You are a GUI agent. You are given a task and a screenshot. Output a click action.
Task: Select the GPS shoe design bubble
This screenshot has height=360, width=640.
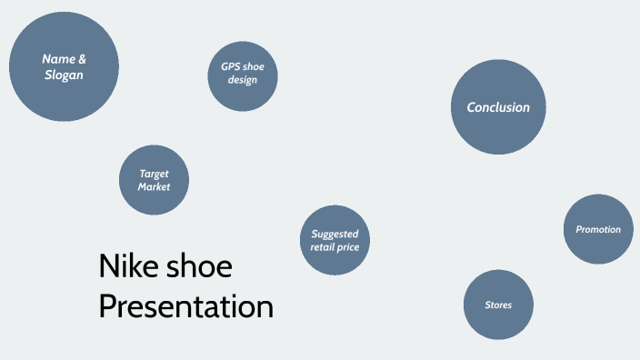243,74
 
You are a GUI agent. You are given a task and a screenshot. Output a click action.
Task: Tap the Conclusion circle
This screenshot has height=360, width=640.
498,107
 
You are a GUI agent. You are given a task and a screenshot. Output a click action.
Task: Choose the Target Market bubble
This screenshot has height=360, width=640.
154,180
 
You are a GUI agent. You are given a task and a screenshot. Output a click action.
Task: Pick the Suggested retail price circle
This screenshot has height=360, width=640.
335,240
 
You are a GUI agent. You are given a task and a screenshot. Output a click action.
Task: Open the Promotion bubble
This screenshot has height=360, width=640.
598,229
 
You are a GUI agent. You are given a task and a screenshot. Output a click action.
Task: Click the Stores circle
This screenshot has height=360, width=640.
498,305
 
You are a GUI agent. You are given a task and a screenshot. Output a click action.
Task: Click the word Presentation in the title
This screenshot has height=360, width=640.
185,306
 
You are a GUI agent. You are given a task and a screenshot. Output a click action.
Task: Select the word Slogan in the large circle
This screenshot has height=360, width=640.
64,75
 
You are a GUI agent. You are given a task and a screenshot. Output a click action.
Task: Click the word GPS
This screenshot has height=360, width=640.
231,66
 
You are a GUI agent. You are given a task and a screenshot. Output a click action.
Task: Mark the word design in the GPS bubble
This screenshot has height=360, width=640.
243,80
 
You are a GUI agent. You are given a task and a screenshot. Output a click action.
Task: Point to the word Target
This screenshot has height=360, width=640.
154,173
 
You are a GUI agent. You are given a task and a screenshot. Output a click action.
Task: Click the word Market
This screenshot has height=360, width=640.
154,186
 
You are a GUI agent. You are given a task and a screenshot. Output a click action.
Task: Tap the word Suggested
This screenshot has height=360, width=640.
335,234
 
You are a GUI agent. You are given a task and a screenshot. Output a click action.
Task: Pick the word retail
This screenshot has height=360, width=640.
325,247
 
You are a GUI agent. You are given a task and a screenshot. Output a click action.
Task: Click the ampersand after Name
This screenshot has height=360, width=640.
83,59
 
